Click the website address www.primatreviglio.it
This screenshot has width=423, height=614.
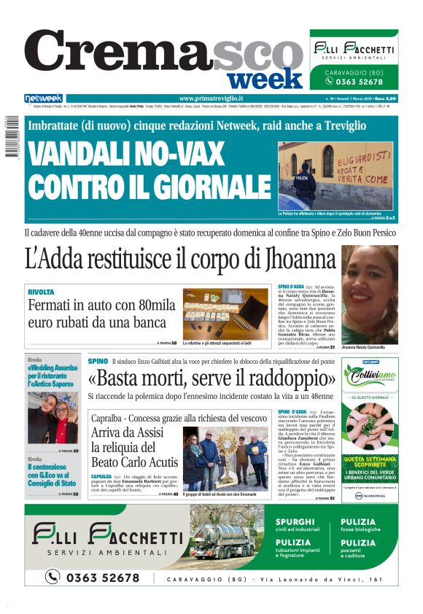coord(211,98)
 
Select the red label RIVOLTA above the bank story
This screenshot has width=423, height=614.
coord(41,292)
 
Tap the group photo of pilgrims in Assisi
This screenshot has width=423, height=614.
coord(217,460)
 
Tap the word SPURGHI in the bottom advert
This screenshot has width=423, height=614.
coord(295,522)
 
